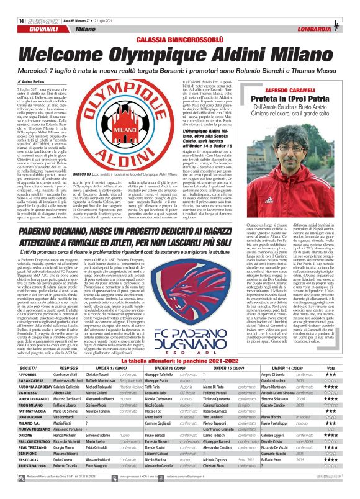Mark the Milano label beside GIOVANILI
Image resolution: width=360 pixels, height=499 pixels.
(86, 29)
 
